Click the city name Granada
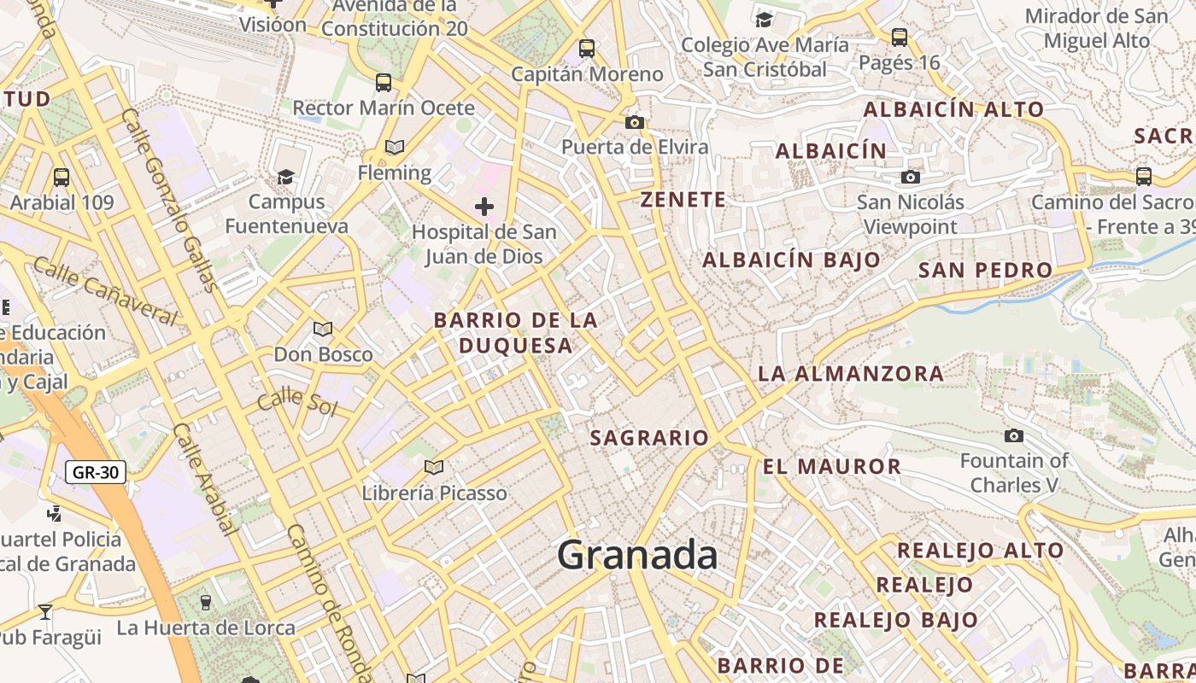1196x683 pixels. (637, 556)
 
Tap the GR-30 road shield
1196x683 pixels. (96, 472)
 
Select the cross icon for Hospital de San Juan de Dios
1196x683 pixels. (484, 207)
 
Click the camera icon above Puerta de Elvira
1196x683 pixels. (634, 122)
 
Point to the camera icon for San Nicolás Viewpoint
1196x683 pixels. (911, 177)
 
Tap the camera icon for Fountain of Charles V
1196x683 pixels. (1014, 435)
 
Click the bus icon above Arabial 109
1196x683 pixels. (62, 177)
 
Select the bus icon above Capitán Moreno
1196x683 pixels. (587, 48)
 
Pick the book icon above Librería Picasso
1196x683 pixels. (434, 467)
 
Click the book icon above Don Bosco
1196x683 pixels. (322, 329)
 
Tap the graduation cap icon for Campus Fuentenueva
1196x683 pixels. (285, 177)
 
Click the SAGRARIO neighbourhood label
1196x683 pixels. (649, 438)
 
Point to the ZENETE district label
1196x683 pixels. (683, 200)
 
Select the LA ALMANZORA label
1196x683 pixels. (851, 373)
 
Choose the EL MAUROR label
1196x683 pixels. (832, 466)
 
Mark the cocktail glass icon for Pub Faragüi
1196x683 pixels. (44, 611)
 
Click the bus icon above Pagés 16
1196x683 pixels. (900, 37)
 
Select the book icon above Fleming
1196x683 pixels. (394, 147)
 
